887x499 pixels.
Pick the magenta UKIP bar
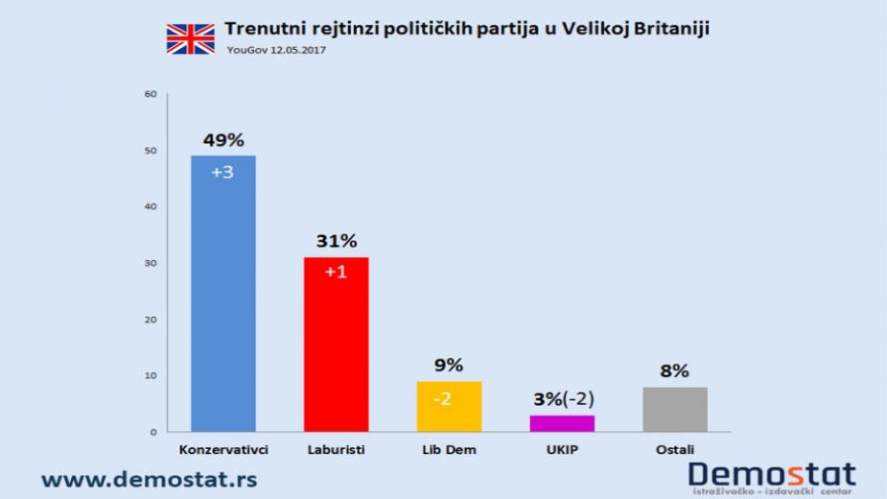click(562, 423)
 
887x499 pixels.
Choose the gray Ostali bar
click(675, 409)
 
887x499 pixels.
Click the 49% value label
click(223, 140)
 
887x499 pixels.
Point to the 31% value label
click(336, 242)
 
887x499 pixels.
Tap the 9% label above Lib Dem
click(449, 366)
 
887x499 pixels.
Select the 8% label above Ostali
click(675, 371)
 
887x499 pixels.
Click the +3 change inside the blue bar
click(223, 172)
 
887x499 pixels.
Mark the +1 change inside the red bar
click(336, 273)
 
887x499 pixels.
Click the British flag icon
click(191, 38)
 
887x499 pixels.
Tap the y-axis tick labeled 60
click(149, 94)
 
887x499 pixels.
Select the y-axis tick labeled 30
click(149, 263)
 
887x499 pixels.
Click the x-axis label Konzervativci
click(223, 449)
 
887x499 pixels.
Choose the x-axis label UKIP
click(562, 449)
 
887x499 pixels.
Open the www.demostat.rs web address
click(149, 477)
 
